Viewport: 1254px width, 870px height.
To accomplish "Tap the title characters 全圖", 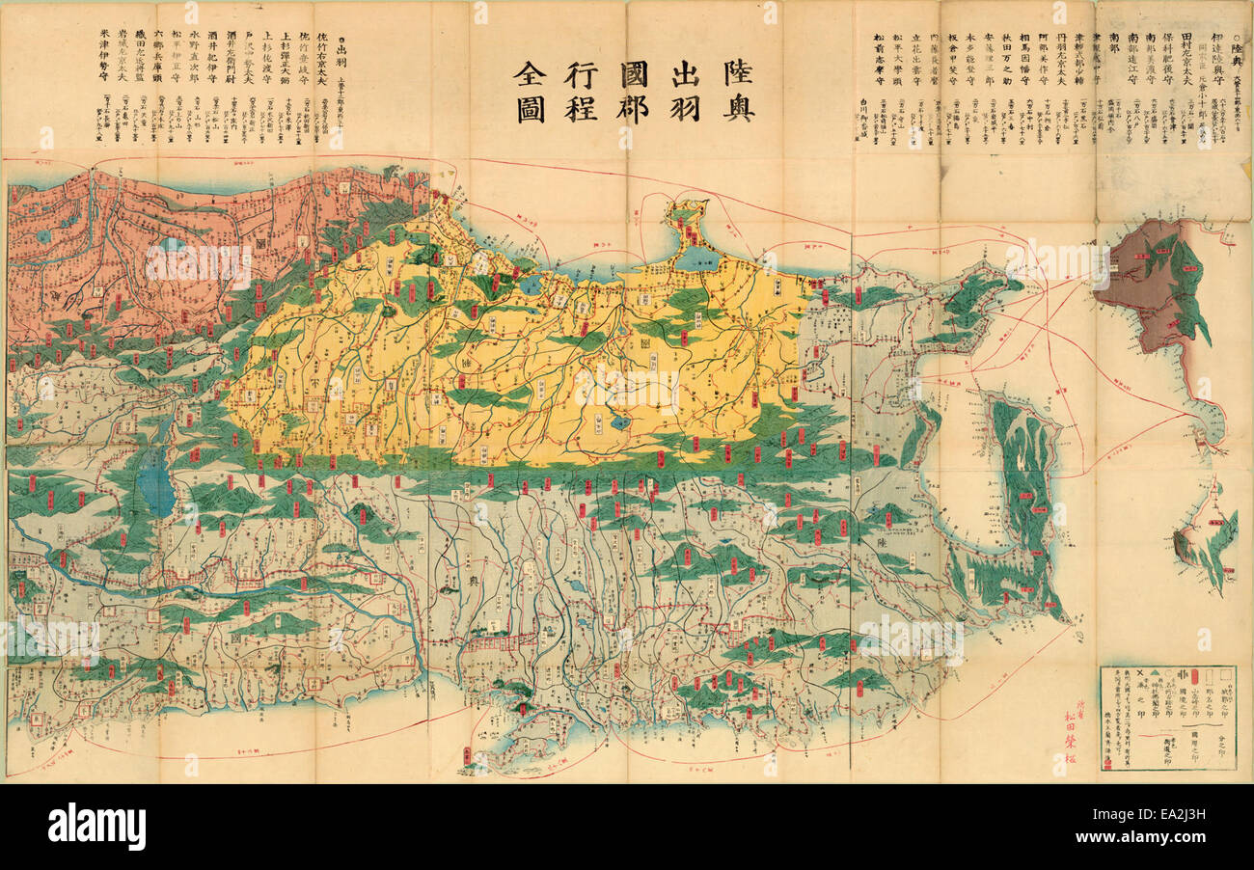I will pos(530,92).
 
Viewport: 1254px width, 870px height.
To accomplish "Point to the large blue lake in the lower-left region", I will pos(155,481).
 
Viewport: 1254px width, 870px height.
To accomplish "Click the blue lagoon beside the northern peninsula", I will pos(697,257).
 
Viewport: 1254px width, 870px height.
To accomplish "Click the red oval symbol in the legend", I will pos(1197,677).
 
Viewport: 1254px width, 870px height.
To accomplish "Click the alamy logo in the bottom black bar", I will pos(96,827).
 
